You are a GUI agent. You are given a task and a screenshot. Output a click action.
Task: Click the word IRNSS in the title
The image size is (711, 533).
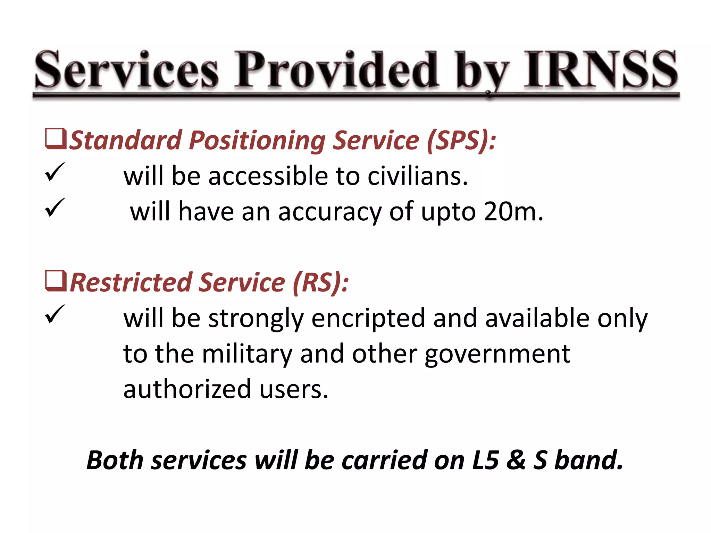[601, 69]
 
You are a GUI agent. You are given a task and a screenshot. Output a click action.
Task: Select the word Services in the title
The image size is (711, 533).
[127, 69]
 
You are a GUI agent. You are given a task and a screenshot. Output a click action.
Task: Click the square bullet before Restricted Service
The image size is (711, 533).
[55, 281]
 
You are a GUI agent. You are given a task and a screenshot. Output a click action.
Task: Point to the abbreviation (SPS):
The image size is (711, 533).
[461, 141]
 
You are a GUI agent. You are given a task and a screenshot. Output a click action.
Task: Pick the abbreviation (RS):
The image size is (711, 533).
[320, 282]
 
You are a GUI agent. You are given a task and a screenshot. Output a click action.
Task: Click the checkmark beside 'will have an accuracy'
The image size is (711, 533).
[55, 208]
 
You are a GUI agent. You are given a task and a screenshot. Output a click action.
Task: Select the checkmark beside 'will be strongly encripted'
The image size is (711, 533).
[55, 314]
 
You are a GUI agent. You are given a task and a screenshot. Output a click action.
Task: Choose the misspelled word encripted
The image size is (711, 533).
[368, 318]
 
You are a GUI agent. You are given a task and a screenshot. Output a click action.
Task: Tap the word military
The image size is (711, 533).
[247, 354]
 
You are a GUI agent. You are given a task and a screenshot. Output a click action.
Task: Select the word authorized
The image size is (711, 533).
[187, 389]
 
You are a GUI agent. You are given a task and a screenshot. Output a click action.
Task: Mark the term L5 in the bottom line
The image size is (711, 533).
[485, 460]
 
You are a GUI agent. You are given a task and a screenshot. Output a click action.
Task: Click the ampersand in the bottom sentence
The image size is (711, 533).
[516, 460]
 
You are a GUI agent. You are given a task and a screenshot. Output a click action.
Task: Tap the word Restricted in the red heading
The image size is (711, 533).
[131, 282]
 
